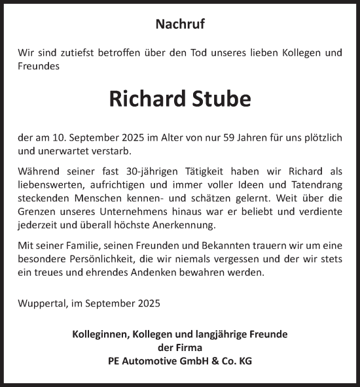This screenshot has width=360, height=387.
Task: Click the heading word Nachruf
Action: pyautogui.click(x=180, y=25)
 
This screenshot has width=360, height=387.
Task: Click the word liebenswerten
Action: pyautogui.click(x=50, y=185)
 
